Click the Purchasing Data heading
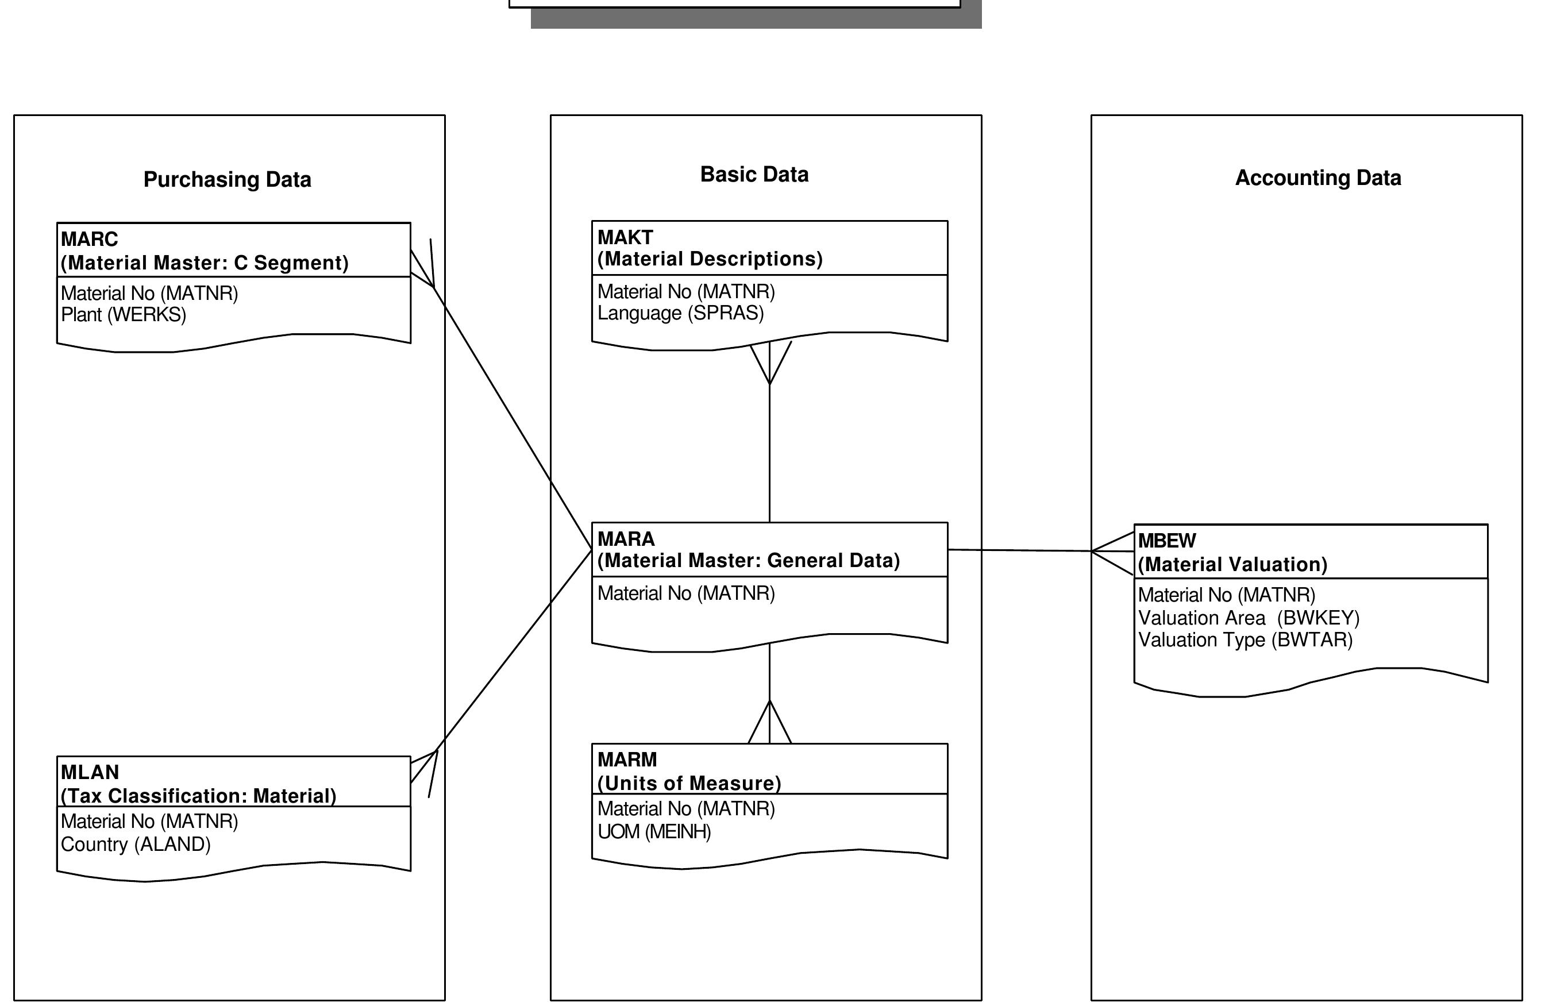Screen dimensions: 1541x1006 228,179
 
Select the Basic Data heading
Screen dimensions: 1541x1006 754,174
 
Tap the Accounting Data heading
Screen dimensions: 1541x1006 1317,178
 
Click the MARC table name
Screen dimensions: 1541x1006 90,240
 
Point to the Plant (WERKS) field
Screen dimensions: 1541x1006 124,315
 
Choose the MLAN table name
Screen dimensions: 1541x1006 90,772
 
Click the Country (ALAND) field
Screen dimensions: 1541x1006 136,844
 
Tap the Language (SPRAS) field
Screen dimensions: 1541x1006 680,313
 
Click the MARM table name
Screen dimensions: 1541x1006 627,760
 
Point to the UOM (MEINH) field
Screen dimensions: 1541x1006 654,831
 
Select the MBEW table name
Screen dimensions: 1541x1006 1168,541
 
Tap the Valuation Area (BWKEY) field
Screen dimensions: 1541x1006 1249,618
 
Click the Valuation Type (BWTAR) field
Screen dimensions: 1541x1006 1246,639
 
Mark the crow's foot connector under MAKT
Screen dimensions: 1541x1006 769,363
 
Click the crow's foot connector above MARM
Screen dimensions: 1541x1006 769,722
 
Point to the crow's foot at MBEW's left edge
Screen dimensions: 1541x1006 1113,552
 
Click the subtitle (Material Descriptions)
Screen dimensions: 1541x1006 710,259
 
